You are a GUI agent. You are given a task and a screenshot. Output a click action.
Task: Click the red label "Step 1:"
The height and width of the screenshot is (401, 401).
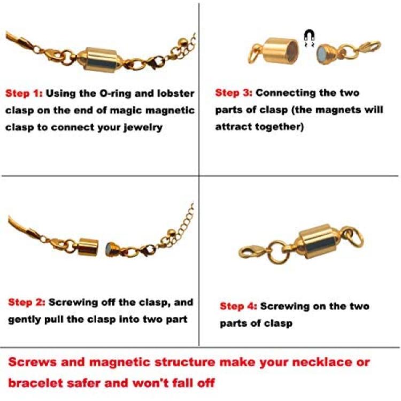coord(24,94)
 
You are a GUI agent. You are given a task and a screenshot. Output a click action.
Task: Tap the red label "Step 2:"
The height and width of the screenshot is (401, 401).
coord(27,302)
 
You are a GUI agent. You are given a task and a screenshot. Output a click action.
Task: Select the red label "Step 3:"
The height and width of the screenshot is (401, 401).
coord(234,93)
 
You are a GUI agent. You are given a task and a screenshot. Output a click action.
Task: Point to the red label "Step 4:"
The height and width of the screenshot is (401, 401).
coord(238,306)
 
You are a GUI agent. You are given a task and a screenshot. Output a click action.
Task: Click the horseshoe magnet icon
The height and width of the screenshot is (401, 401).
coord(309,36)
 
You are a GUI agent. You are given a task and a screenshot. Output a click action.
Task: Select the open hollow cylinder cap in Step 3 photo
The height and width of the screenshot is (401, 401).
coord(281,51)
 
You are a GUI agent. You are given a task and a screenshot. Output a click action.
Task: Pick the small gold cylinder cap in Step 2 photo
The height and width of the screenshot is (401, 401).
coord(88,247)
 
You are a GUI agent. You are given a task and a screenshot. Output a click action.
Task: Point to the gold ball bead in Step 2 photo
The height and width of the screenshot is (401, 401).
coord(171,233)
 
